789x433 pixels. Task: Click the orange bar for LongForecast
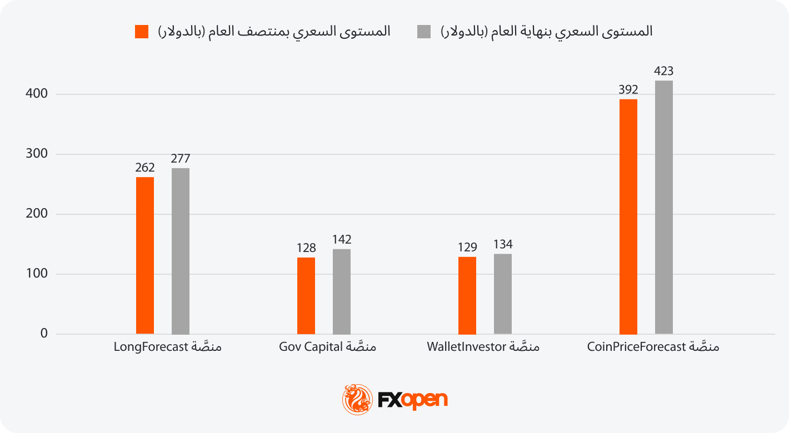tap(145, 255)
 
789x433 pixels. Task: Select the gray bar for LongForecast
tap(181, 251)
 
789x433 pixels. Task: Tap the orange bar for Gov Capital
tap(306, 295)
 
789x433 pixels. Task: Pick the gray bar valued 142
tap(342, 291)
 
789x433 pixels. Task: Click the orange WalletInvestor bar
tap(467, 295)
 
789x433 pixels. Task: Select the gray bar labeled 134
tap(503, 294)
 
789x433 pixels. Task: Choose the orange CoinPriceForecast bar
tap(628, 216)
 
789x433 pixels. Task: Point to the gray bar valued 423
tap(664, 207)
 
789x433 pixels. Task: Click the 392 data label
tap(628, 90)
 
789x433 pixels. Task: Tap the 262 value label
tap(145, 168)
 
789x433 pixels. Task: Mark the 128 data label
tap(306, 248)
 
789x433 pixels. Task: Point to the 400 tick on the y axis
tap(37, 94)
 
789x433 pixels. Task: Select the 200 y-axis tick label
tap(37, 214)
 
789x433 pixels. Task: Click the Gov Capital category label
tap(327, 348)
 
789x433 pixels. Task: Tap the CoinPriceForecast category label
tap(653, 348)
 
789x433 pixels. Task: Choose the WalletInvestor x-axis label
tap(483, 348)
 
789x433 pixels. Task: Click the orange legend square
tap(142, 32)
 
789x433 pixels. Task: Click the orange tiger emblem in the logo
tap(357, 399)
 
